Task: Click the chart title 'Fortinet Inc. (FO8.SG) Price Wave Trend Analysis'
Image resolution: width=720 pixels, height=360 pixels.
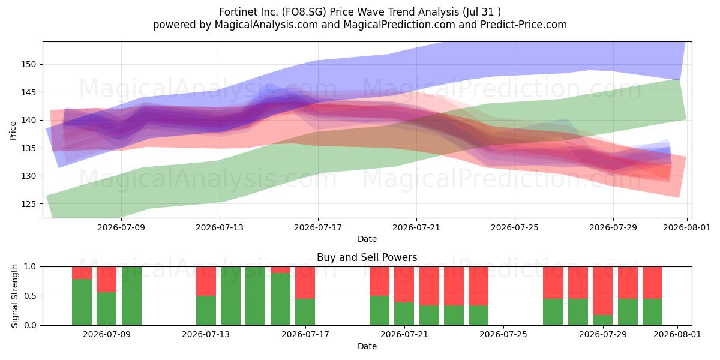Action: pos(339,12)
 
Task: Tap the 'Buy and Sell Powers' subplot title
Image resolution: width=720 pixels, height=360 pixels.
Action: pos(367,257)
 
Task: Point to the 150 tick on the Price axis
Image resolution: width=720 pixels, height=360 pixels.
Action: pos(29,65)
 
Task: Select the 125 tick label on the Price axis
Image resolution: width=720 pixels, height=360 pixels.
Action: pos(29,204)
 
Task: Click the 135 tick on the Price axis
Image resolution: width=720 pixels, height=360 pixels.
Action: pos(29,148)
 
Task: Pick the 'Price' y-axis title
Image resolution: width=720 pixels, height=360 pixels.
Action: pos(13,131)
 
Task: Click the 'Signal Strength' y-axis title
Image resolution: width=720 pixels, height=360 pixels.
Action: pos(14,296)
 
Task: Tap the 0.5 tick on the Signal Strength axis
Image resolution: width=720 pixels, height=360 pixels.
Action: pos(30,296)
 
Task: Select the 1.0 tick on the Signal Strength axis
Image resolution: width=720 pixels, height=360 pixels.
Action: pos(30,267)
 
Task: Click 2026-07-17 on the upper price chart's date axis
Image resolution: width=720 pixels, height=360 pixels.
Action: pos(318,227)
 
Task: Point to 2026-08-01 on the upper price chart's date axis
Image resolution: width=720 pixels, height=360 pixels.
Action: pos(687,227)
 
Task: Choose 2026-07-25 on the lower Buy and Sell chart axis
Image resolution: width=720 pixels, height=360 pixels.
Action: pos(503,335)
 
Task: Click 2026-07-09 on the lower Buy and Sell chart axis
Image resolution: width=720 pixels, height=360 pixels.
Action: pos(107,335)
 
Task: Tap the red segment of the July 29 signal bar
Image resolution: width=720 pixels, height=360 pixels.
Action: pos(602,291)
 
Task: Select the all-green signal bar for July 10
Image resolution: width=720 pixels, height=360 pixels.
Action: pos(131,296)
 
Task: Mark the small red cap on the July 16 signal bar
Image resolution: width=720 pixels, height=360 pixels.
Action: pos(280,270)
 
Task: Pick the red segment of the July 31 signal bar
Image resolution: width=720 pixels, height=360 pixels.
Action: pos(653,283)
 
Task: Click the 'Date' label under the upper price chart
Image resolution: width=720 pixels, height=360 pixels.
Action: pos(367,239)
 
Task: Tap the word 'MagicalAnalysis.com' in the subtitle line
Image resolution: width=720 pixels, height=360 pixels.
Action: pos(266,25)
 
